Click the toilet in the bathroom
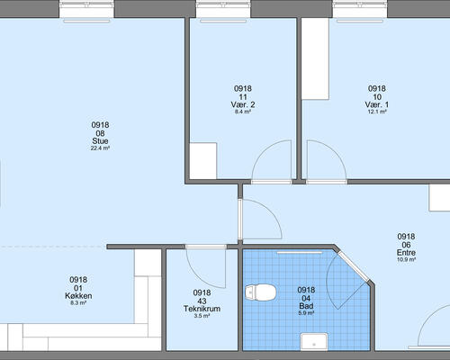[x=260, y=292]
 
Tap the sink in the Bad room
[x=314, y=341]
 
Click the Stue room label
[x=100, y=141]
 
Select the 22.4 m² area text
[x=100, y=148]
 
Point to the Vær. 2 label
[x=243, y=104]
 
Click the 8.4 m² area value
[x=243, y=112]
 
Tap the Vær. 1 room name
[x=377, y=104]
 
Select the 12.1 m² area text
[x=377, y=112]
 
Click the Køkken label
[x=78, y=296]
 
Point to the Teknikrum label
[x=202, y=309]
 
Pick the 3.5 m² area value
[x=202, y=316]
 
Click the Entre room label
[x=406, y=253]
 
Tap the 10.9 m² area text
[x=406, y=260]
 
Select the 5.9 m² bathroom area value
[x=306, y=313]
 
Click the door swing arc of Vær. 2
[x=264, y=150]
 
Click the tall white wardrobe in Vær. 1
[x=315, y=58]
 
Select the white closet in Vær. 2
[x=203, y=161]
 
